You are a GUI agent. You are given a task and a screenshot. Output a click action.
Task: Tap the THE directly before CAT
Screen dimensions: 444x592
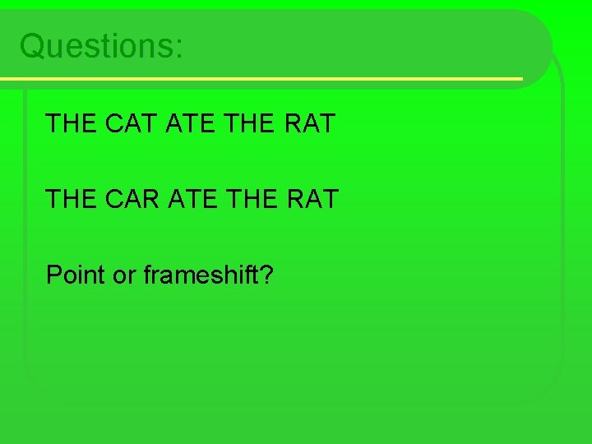pyautogui.click(x=72, y=123)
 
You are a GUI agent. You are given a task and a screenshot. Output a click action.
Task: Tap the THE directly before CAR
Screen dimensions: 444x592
pyautogui.click(x=72, y=199)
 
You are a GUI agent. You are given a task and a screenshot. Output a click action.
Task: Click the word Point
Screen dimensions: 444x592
pyautogui.click(x=76, y=275)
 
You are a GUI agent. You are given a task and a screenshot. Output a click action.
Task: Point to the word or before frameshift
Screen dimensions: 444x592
pyautogui.click(x=124, y=275)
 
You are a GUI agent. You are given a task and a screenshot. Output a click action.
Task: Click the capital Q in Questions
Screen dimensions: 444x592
pyautogui.click(x=33, y=46)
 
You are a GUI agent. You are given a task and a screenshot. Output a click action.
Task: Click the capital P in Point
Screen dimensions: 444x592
pyautogui.click(x=54, y=275)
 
